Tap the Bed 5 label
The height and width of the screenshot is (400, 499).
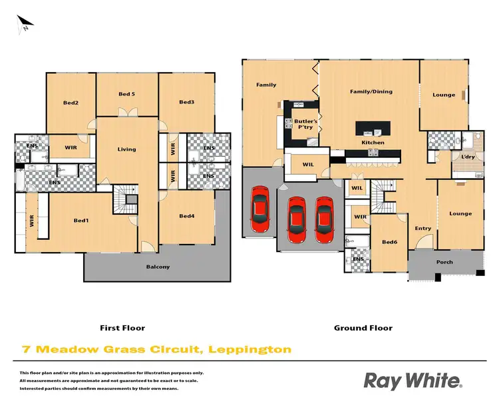[126, 94]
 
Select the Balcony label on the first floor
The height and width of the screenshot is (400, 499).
[158, 267]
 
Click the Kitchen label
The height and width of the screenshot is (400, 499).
[373, 143]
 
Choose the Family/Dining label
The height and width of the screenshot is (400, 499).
[371, 91]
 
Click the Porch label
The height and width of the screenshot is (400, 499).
[444, 262]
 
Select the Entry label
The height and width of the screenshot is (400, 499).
[423, 228]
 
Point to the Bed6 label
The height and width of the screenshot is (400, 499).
[389, 243]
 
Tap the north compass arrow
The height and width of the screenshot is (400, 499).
[25, 25]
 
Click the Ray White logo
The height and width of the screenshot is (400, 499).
[412, 381]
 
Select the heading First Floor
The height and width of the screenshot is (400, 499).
[122, 328]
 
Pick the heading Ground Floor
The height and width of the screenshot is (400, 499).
[363, 328]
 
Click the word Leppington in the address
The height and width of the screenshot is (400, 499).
[249, 349]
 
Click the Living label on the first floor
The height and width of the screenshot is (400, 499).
[126, 149]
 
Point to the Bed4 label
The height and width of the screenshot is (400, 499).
[187, 215]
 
